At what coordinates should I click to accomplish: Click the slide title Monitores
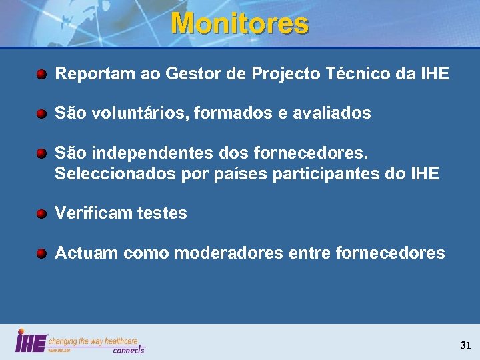pos(240,24)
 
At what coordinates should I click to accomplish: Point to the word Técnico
pos(356,74)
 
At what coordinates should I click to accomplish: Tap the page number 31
pos(465,345)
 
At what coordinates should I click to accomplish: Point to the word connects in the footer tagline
pos(128,350)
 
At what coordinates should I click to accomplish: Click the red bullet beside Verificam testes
pos(41,214)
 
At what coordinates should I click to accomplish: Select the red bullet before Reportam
pos(41,74)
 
